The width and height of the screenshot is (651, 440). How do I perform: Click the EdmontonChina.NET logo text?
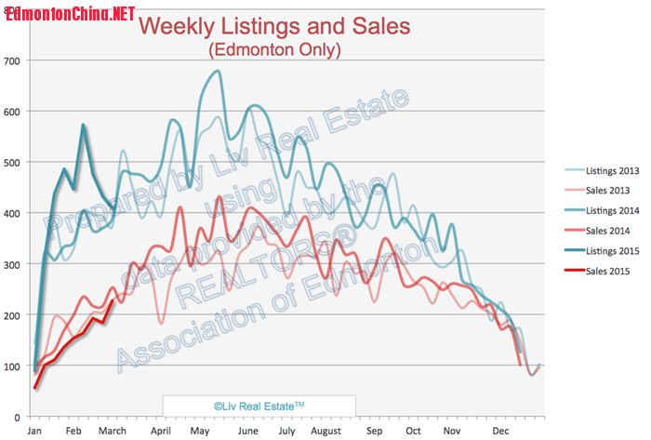pos(70,14)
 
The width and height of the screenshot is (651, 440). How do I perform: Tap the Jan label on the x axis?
pos(34,432)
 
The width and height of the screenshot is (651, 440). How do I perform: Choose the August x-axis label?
pos(325,432)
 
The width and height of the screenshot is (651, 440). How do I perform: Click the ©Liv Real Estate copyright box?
pos(259,406)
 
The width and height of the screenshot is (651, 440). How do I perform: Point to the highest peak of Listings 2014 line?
pos(218,71)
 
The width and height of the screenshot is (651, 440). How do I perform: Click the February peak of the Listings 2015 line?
pos(84,125)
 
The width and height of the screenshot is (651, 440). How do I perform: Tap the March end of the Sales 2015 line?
pos(113,300)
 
